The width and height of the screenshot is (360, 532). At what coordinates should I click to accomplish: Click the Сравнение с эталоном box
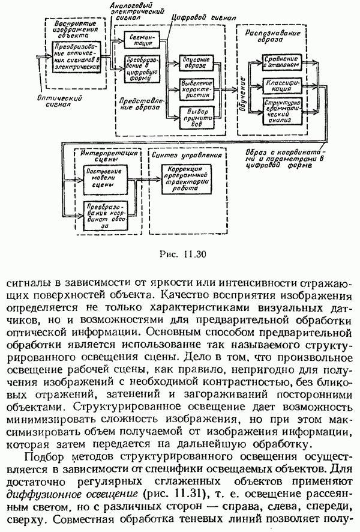tap(280, 62)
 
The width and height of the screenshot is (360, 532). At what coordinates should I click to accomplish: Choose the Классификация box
tap(280, 84)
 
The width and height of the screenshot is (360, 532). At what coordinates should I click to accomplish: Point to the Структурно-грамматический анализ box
tap(280, 111)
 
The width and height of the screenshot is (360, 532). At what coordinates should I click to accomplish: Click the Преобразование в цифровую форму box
tap(139, 69)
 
